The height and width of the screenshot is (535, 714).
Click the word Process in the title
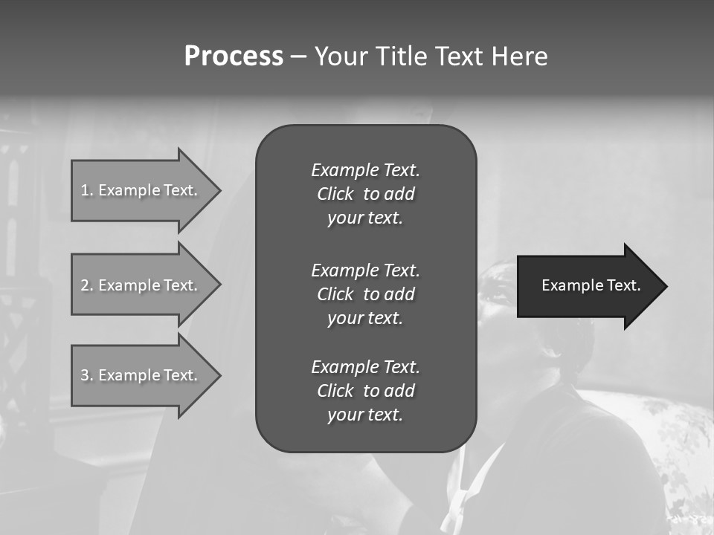[x=234, y=56]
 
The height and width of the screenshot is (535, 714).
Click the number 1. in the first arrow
[x=86, y=190]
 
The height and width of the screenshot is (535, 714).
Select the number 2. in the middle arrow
[x=86, y=285]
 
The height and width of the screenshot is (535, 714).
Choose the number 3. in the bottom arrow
[x=86, y=375]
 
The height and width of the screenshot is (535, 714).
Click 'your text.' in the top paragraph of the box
[x=365, y=218]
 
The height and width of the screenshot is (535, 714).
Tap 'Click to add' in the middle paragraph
[x=365, y=294]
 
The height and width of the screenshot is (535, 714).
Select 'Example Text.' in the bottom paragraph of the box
[x=365, y=367]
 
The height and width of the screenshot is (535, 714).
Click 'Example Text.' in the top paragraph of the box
[x=365, y=170]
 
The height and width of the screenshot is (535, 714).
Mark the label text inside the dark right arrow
[x=591, y=286]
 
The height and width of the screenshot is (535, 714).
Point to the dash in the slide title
[x=298, y=56]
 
